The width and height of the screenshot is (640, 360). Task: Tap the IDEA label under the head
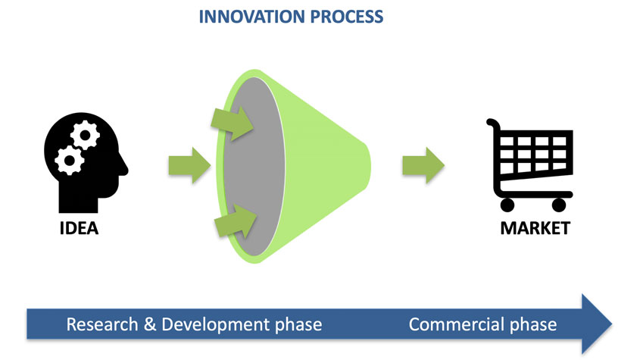click(x=80, y=227)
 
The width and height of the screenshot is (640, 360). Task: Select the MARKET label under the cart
click(x=535, y=227)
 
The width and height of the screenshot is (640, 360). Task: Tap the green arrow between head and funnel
click(x=189, y=164)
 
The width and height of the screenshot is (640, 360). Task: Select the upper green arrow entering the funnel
click(x=236, y=122)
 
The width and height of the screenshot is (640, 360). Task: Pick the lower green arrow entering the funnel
click(x=235, y=221)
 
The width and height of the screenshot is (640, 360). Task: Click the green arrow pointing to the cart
click(x=423, y=164)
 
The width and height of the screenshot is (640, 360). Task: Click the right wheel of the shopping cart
click(x=559, y=204)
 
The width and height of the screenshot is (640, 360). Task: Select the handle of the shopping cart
click(x=493, y=125)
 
